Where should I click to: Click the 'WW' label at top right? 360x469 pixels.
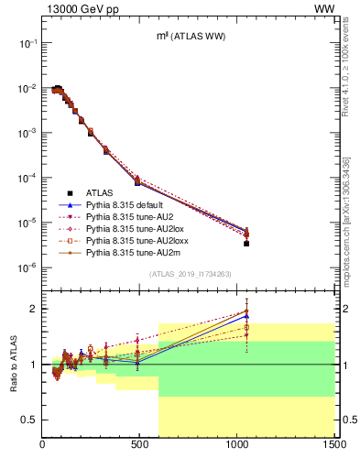coord(324,7)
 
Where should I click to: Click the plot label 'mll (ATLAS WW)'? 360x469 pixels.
coord(189,36)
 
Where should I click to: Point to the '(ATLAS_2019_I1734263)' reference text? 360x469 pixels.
coord(189,274)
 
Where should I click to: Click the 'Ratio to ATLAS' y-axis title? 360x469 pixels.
coord(13,365)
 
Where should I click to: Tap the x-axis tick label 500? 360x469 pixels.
coord(140,446)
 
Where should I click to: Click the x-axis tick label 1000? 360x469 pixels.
coord(237,446)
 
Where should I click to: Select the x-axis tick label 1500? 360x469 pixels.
coord(333,446)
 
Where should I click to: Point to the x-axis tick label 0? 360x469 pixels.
coord(43,446)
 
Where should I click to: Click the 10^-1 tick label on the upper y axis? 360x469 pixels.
coord(27,43)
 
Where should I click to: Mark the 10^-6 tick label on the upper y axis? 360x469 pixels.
coord(27,267)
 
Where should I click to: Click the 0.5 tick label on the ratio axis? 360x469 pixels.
coord(29,420)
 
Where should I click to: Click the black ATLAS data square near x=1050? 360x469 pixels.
coord(246,244)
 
